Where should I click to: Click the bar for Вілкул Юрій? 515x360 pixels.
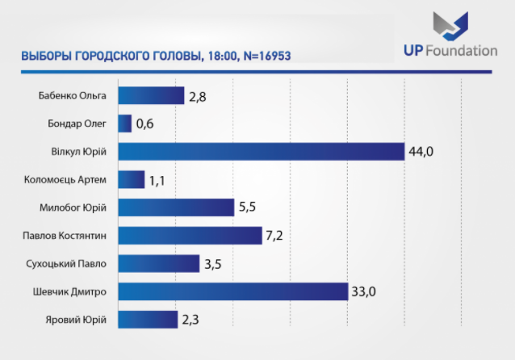coord(261,152)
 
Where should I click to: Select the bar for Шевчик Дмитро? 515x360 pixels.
coord(232,291)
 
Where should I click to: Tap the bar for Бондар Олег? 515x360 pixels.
coord(125,123)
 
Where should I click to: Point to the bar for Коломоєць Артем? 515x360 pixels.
coord(131,179)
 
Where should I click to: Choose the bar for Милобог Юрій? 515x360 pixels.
coord(175,207)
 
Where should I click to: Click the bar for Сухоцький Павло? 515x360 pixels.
coord(158,263)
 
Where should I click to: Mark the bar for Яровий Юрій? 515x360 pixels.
coord(148,320)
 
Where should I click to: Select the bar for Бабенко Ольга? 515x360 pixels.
coord(151,96)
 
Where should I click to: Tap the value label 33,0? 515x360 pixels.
coord(363,291)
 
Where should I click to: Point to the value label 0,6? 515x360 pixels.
coord(145,123)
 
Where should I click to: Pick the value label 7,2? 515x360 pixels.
coord(276,236)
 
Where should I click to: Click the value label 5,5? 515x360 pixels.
coord(248,207)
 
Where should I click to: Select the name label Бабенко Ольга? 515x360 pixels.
coord(73,96)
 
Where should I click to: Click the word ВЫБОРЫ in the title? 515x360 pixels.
coord(45,56)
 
